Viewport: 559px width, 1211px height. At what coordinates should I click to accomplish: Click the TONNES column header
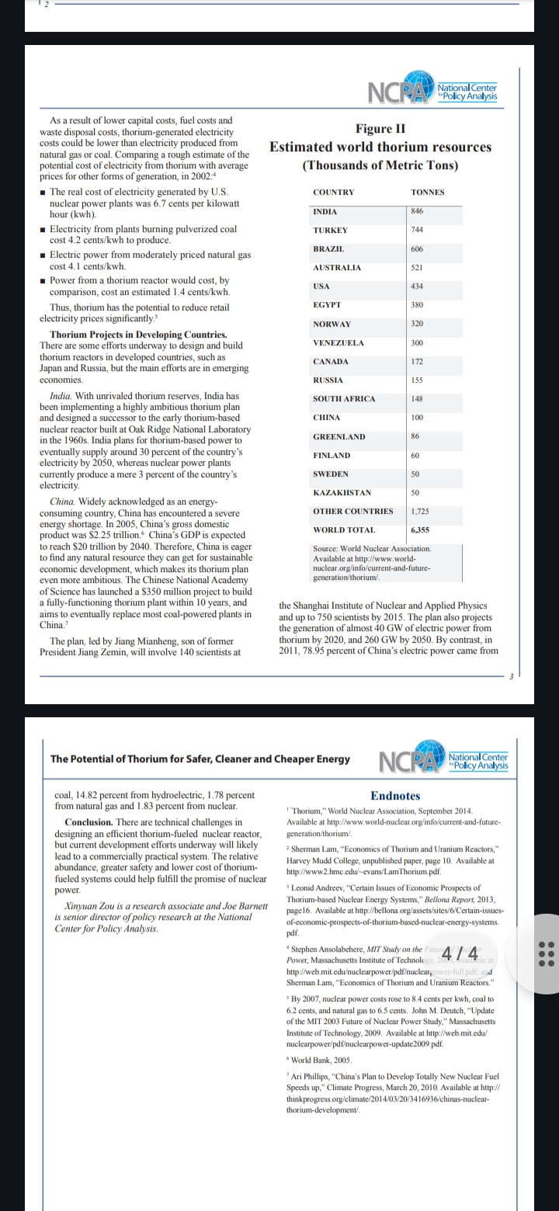(x=428, y=192)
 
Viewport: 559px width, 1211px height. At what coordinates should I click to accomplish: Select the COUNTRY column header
(x=333, y=192)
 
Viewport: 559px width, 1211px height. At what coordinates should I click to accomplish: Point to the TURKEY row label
(x=331, y=231)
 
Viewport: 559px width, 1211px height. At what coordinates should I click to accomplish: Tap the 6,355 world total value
(x=421, y=529)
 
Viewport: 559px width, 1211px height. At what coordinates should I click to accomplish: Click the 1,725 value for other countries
(x=420, y=511)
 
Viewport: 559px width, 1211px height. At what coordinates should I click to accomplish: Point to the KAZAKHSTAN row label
(x=342, y=492)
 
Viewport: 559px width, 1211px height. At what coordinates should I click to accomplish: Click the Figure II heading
(x=380, y=128)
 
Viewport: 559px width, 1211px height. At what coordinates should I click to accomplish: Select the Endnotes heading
(x=395, y=796)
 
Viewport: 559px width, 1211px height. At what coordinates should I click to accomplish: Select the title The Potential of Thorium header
(x=200, y=758)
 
